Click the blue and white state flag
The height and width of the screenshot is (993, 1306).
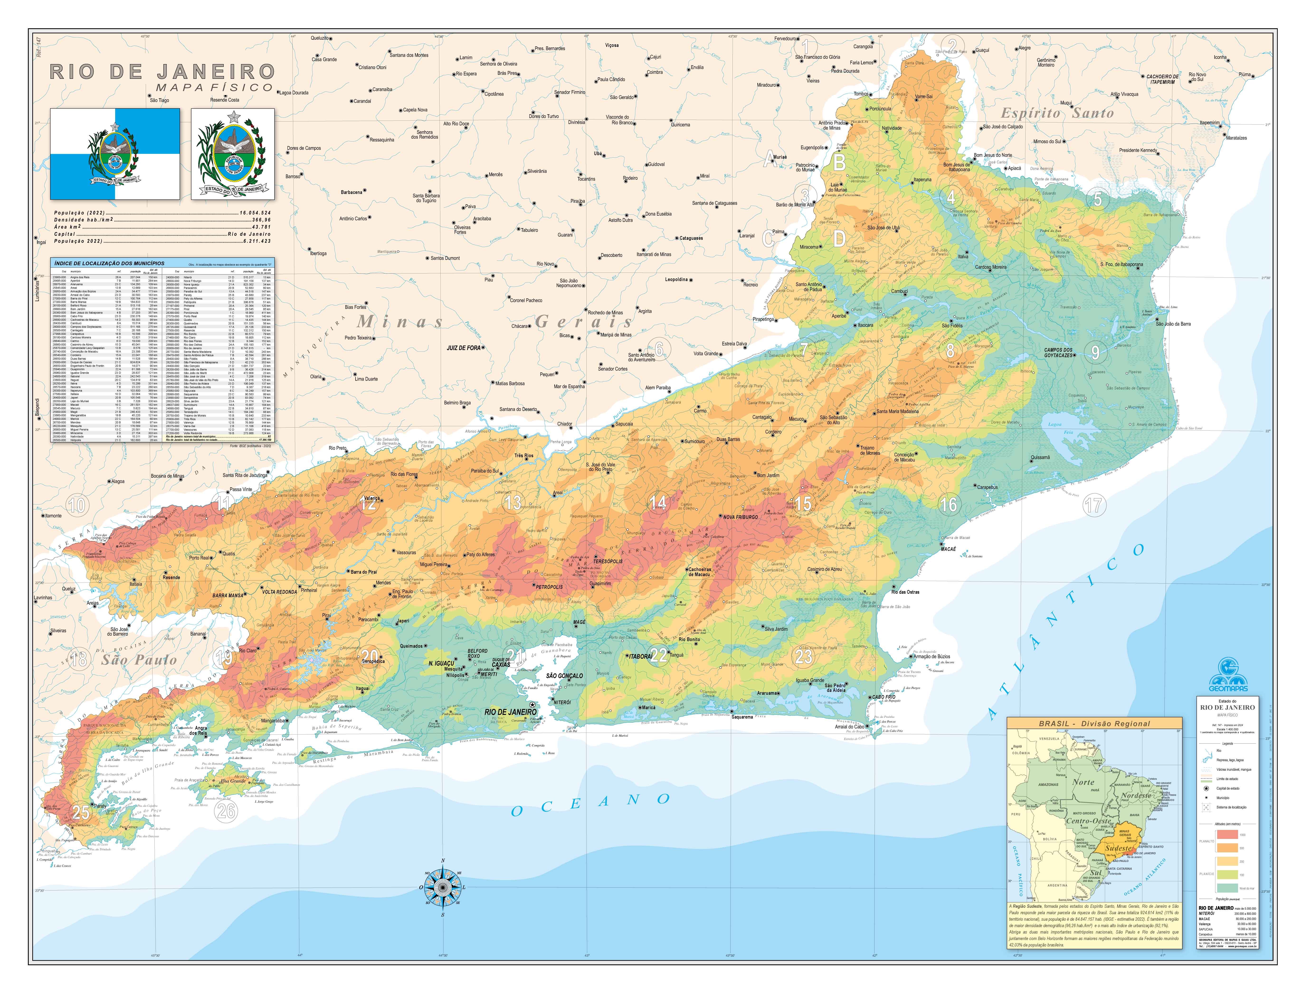tap(115, 154)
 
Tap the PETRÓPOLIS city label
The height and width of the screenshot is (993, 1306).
tap(549, 587)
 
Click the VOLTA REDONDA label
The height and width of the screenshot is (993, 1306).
tap(280, 592)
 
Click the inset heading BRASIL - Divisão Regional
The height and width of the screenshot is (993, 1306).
tap(1094, 724)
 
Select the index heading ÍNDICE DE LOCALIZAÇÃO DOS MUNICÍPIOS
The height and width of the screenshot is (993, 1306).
tap(109, 263)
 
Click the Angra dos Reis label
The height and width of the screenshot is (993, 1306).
tap(201, 730)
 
